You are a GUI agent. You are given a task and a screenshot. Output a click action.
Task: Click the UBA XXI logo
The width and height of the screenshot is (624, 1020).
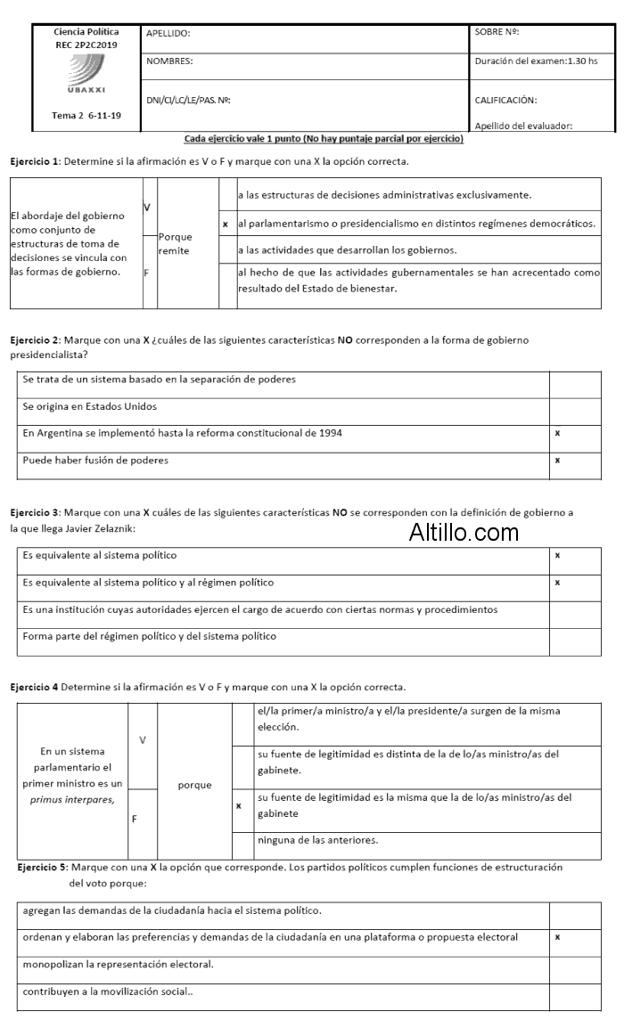point(86,75)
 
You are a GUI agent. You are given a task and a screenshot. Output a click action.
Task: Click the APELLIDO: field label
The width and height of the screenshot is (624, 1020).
point(175,34)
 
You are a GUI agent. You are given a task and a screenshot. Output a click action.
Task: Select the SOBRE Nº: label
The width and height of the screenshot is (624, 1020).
point(497,32)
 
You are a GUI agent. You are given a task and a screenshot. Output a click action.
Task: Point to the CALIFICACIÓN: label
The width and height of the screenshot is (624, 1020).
point(506,101)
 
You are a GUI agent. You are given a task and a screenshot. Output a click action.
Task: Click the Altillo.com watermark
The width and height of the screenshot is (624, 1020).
point(464,533)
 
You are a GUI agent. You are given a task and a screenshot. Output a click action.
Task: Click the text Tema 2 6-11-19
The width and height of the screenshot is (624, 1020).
point(86,116)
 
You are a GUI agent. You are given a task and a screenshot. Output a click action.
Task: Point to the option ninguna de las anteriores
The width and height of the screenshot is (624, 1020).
point(317,840)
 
